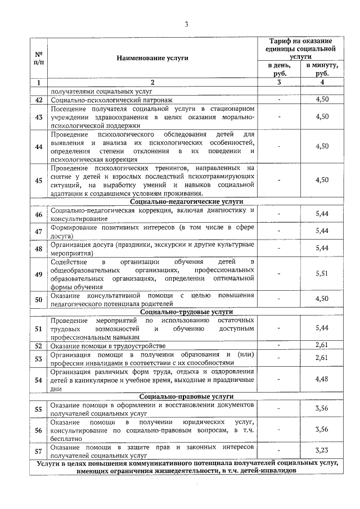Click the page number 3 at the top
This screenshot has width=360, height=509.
coord(186,24)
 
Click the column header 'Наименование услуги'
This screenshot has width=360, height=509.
coord(152,58)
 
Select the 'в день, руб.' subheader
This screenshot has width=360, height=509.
coord(280,70)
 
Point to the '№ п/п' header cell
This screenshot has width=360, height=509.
coord(39,58)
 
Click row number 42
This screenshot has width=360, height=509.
coord(39,100)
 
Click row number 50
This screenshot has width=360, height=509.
coord(39,299)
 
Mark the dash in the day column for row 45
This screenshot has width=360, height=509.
coord(280,180)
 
